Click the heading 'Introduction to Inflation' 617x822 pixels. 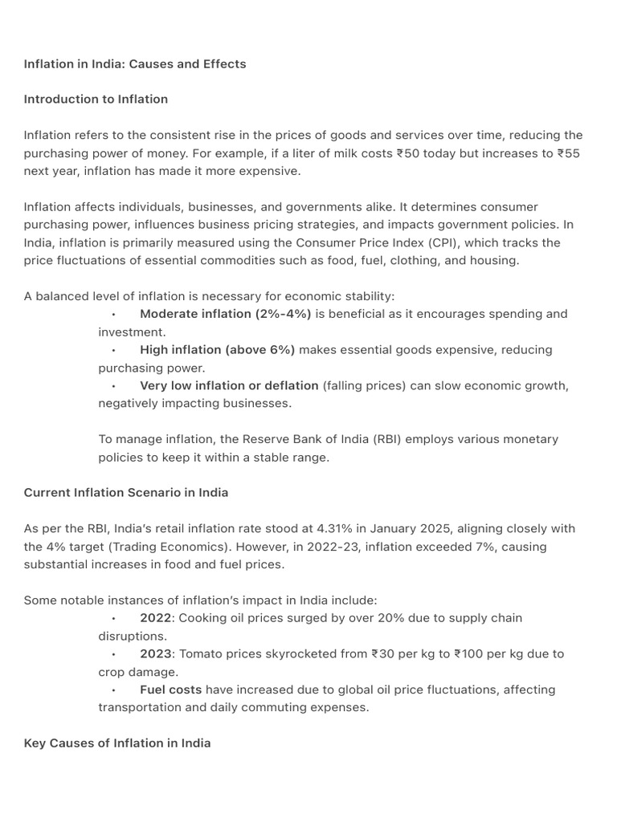tap(96, 100)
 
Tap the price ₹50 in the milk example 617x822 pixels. tap(407, 153)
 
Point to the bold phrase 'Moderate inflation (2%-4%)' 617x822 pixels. tap(225, 314)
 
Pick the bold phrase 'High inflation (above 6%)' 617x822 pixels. tap(217, 350)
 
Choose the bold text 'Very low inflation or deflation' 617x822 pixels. tap(229, 385)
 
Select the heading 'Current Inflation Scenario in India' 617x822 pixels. tap(126, 493)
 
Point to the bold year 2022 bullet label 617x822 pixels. tap(156, 618)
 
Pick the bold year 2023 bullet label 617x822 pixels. tap(156, 654)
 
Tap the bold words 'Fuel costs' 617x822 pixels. tap(170, 690)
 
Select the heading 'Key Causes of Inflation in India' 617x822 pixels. tap(117, 743)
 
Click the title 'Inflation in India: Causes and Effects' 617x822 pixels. tap(135, 64)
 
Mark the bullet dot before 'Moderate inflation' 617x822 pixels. tap(114, 315)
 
